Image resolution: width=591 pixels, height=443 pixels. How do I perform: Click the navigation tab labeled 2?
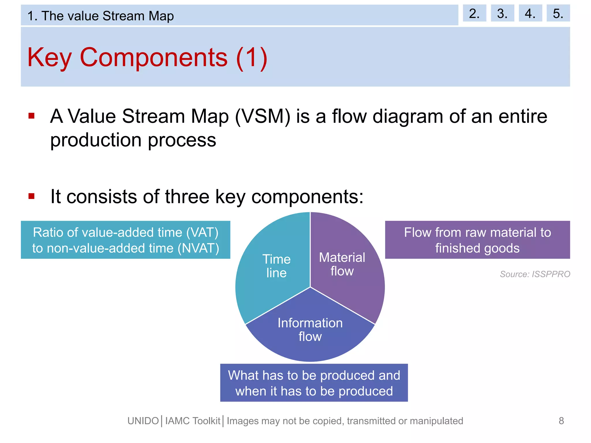coord(474,13)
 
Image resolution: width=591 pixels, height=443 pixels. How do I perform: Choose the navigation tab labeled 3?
coord(502,13)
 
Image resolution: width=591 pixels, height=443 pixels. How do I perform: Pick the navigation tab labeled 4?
coord(530,13)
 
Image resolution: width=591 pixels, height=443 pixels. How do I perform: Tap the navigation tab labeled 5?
coord(558,13)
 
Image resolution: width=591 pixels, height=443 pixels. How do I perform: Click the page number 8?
coord(561,421)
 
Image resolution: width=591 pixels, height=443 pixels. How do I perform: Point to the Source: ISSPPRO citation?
coord(535,274)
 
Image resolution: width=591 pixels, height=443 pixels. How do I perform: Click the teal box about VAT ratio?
coord(126,240)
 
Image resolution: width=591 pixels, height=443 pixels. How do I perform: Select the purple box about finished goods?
coord(477,240)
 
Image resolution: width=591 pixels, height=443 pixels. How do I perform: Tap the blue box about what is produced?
coord(314,383)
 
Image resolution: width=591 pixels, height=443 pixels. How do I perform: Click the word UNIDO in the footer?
coord(143,421)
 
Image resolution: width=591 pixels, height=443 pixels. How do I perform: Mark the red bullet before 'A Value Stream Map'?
coord(31,116)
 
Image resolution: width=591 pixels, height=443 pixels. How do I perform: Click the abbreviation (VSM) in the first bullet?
coord(263,117)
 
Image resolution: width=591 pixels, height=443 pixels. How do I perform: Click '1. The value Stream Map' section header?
coord(100,16)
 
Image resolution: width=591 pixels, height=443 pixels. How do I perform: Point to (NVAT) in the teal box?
coord(198,248)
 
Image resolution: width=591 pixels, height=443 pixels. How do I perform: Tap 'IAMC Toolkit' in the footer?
coord(193,421)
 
